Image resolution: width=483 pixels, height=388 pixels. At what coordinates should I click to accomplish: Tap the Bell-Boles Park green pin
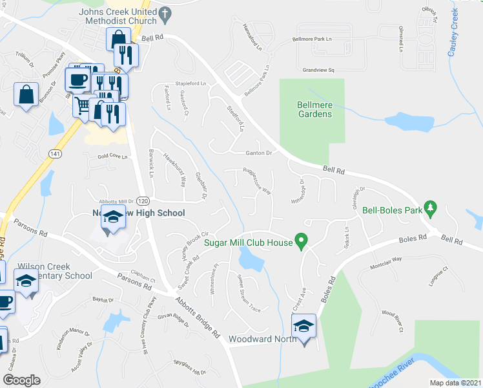[x=433, y=209]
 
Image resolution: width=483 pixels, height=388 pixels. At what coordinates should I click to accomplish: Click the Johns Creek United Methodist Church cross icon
[x=165, y=12]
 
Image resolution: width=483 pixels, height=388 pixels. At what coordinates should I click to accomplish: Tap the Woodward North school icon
[x=303, y=327]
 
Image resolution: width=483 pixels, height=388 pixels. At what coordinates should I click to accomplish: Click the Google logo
[x=21, y=380]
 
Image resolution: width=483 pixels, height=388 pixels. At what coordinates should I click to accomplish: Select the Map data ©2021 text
[x=455, y=383]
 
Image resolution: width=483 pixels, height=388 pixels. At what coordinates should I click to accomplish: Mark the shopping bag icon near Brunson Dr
[x=25, y=95]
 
